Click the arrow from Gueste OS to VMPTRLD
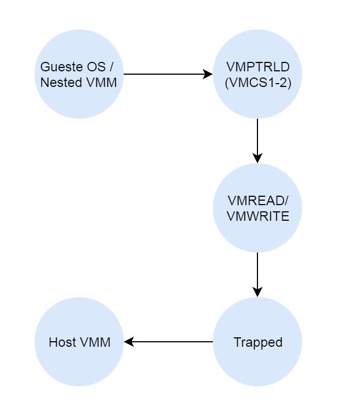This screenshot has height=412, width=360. pyautogui.click(x=167, y=74)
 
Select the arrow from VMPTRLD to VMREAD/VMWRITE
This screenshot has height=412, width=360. pyautogui.click(x=257, y=139)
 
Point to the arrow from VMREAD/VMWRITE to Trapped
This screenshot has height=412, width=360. pyautogui.click(x=257, y=273)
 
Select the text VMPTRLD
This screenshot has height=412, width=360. pyautogui.click(x=257, y=67)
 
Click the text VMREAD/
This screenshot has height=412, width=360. pyautogui.click(x=257, y=201)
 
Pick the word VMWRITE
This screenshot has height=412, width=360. pyautogui.click(x=257, y=216)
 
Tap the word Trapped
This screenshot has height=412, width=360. pyautogui.click(x=257, y=342)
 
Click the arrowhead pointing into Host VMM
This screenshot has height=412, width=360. pyautogui.click(x=129, y=342)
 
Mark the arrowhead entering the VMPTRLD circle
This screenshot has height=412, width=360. pyautogui.click(x=208, y=74)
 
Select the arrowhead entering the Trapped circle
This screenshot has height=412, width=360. pyautogui.click(x=257, y=292)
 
